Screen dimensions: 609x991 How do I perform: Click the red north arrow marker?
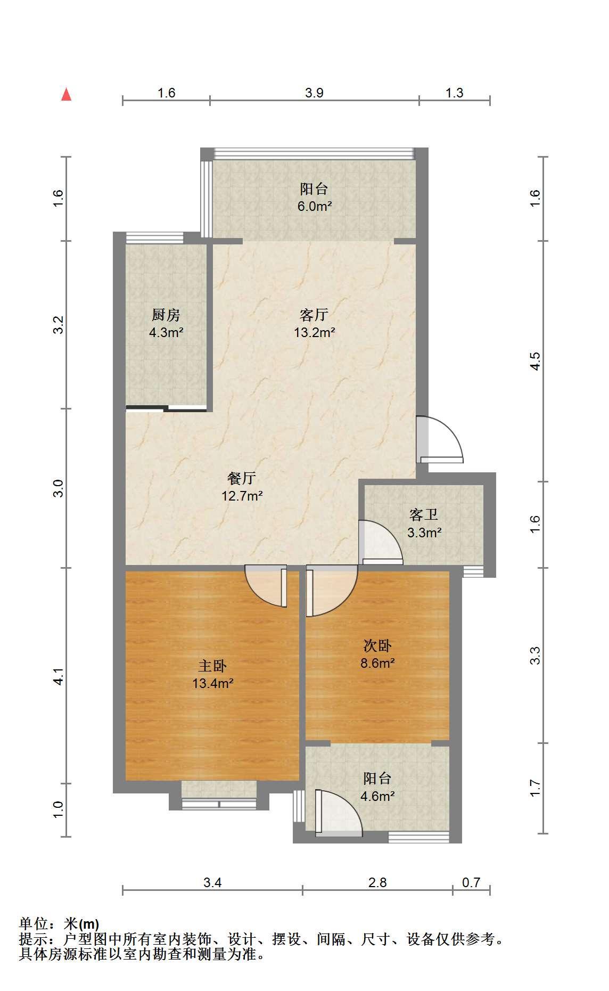[66, 94]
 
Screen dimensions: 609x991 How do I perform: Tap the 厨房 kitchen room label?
[166, 315]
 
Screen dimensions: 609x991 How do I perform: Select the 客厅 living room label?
[314, 315]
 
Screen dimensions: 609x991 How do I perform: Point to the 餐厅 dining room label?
[242, 478]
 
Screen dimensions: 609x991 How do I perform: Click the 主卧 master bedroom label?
[213, 666]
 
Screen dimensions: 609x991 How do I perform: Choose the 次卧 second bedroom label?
[377, 646]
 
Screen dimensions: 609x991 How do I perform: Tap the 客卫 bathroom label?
[424, 514]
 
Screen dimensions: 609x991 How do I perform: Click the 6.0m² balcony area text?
[315, 206]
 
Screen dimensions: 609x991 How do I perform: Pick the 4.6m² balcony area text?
[377, 797]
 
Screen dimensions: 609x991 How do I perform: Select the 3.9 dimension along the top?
[314, 93]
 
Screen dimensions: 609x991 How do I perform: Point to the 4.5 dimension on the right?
[536, 362]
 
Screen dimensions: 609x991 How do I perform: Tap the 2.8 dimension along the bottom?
[377, 882]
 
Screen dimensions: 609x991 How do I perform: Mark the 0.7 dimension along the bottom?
[471, 882]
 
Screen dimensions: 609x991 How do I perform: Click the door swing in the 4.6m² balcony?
[339, 812]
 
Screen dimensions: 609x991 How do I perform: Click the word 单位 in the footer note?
[33, 923]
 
